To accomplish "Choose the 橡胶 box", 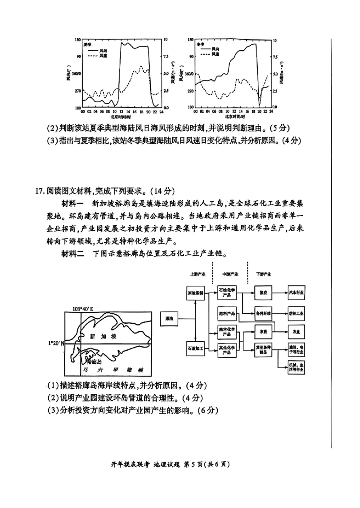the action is tap(263, 292).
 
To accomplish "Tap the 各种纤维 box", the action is tap(263, 313).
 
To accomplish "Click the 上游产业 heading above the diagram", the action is tap(198, 274).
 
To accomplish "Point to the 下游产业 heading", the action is tap(264, 274).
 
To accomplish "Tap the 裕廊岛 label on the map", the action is tap(95, 361).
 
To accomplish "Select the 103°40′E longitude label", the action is tap(82, 309).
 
